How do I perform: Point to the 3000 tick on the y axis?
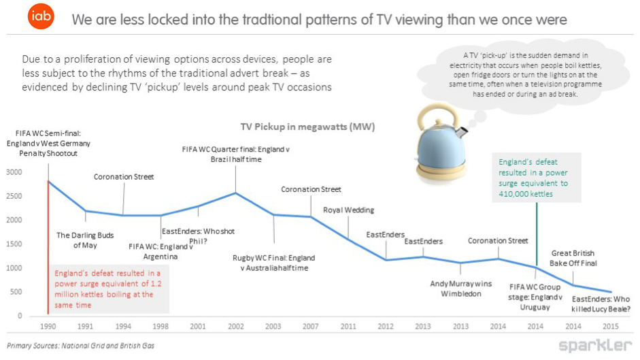14,171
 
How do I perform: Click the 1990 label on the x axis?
48,326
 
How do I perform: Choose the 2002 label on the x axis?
236,326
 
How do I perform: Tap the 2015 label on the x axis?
611,326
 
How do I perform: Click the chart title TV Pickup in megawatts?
307,127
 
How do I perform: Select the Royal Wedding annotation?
348,210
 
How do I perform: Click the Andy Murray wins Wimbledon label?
460,289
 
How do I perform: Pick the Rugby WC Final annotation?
274,263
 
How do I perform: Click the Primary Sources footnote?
81,346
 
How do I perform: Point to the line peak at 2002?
236,193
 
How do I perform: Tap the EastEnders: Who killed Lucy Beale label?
601,304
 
